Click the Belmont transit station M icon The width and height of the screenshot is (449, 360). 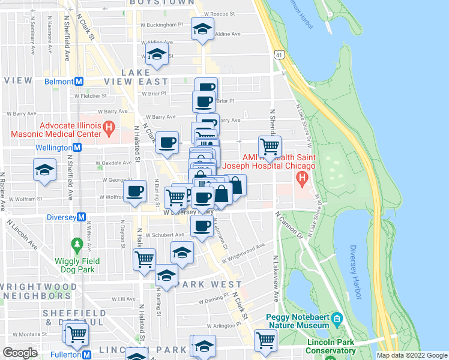pyautogui.click(x=79, y=81)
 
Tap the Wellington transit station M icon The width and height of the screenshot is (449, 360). pyautogui.click(x=77, y=147)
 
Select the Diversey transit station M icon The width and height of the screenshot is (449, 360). pyautogui.click(x=82, y=217)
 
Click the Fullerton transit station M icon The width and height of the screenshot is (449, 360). pyautogui.click(x=88, y=355)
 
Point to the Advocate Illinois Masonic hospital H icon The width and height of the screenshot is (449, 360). pyautogui.click(x=109, y=127)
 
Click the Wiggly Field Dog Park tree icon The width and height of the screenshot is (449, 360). pyautogui.click(x=76, y=244)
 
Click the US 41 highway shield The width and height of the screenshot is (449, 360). pyautogui.click(x=278, y=55)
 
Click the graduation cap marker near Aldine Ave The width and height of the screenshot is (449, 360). pyautogui.click(x=202, y=28)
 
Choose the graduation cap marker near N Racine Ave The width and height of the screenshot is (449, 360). pyautogui.click(x=44, y=170)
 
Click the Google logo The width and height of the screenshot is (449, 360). pyautogui.click(x=20, y=353)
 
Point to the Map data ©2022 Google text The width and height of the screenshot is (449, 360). pyautogui.click(x=412, y=355)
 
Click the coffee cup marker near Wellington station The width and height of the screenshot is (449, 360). pyautogui.click(x=167, y=143)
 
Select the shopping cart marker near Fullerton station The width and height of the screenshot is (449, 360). pyautogui.click(x=77, y=334)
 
